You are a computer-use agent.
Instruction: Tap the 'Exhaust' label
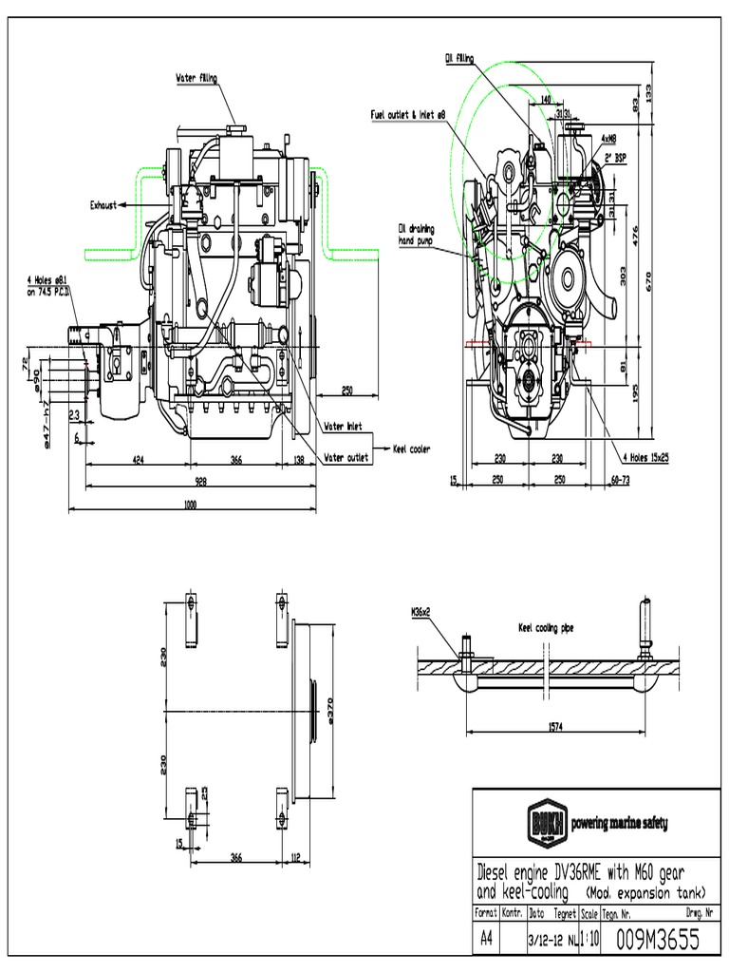[x=103, y=204]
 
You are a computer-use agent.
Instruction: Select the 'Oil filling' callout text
[x=458, y=58]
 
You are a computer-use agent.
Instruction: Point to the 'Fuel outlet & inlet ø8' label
[x=408, y=114]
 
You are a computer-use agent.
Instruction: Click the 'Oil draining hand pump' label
[x=415, y=234]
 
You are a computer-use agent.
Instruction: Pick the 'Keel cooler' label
[x=412, y=448]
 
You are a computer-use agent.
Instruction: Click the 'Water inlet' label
[x=344, y=427]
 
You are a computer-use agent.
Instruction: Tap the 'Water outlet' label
[x=346, y=457]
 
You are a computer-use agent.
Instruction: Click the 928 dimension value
[x=200, y=481]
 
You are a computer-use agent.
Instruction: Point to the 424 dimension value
[x=138, y=460]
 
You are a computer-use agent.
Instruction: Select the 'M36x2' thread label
[x=421, y=613]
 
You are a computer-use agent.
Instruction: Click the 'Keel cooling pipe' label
[x=547, y=627]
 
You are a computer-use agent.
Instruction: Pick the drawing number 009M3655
[x=658, y=939]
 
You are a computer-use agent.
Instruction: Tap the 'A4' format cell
[x=485, y=939]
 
